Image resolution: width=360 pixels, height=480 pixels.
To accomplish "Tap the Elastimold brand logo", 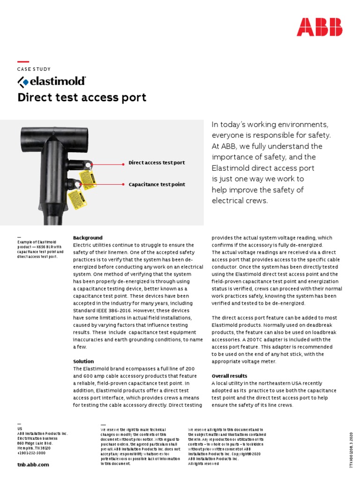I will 52,82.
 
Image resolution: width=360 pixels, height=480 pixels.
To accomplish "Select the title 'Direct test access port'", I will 82,97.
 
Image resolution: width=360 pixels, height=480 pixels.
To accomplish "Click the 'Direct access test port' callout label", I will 157,163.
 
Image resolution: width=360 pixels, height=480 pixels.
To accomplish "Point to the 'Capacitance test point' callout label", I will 157,185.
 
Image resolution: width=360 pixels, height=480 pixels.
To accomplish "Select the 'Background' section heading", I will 88,238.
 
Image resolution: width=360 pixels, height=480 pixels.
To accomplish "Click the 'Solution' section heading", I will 83,361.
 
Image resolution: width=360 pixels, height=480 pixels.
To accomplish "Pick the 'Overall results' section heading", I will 230,376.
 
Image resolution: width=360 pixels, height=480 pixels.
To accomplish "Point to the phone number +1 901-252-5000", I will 31,453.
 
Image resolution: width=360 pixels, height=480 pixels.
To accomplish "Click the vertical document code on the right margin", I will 351,450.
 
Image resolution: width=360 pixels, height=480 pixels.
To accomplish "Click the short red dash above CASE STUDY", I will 23,61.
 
